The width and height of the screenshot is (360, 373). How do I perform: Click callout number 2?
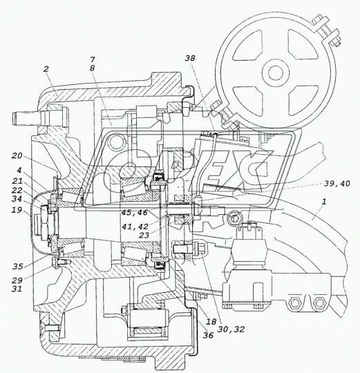46,69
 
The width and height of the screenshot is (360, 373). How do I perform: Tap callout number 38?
190,58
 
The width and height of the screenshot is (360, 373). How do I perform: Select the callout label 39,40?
337,184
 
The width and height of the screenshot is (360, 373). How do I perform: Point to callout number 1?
324,202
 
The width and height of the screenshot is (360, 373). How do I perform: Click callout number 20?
17,156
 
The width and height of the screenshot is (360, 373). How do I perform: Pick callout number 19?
17,210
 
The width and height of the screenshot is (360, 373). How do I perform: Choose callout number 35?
17,267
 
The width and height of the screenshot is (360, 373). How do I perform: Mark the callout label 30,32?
231,329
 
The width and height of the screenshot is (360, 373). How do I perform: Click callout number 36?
208,335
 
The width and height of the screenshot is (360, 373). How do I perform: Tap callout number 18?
211,322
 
